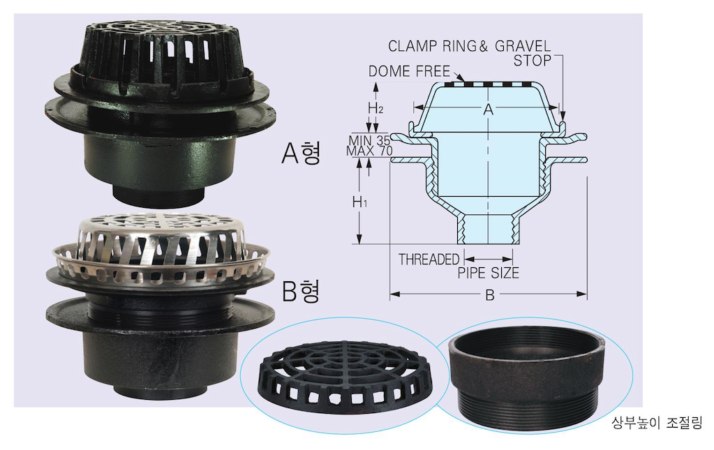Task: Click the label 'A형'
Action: [x=301, y=152]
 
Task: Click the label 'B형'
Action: [x=301, y=291]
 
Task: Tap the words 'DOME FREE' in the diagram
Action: [x=409, y=71]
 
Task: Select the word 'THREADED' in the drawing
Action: [x=429, y=260]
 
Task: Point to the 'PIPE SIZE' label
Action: [x=488, y=273]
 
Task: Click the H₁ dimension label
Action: [x=359, y=202]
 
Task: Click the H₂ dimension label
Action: [x=375, y=108]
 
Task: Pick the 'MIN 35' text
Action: [x=369, y=141]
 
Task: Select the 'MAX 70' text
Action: [x=369, y=151]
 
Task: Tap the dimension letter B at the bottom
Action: [x=490, y=295]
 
